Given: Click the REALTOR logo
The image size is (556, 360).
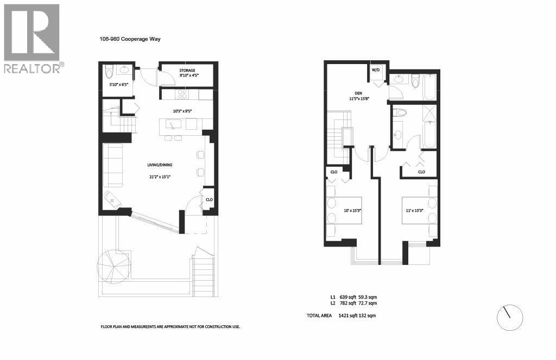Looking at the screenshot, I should (x=32, y=38).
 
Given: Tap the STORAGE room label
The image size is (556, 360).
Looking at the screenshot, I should (x=188, y=70).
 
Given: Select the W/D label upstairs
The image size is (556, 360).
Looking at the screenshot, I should (x=376, y=70).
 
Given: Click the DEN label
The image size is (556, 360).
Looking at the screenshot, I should (x=355, y=93).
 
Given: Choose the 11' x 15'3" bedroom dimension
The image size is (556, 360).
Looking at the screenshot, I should (x=414, y=210).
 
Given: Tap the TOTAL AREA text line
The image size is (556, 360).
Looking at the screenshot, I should (x=342, y=315).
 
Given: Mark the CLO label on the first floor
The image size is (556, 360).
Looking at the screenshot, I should (x=209, y=200).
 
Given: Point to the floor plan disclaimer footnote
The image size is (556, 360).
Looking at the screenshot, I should (x=170, y=326).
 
